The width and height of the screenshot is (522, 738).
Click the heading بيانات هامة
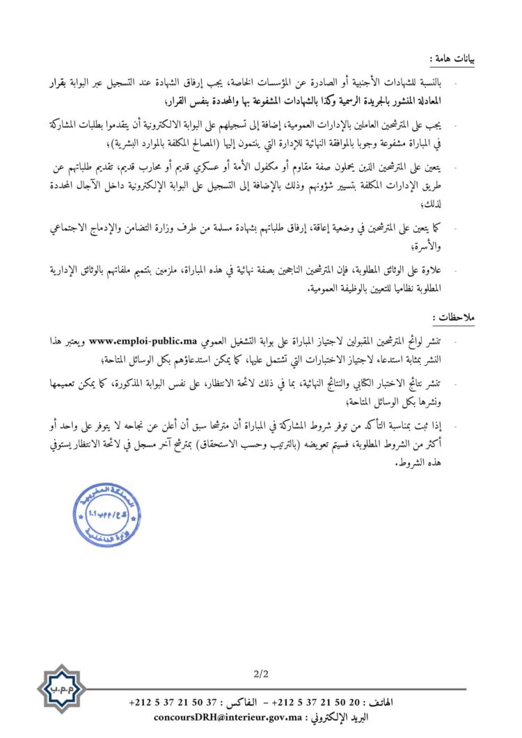click(x=454, y=59)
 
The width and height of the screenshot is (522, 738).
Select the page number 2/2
click(x=262, y=673)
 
